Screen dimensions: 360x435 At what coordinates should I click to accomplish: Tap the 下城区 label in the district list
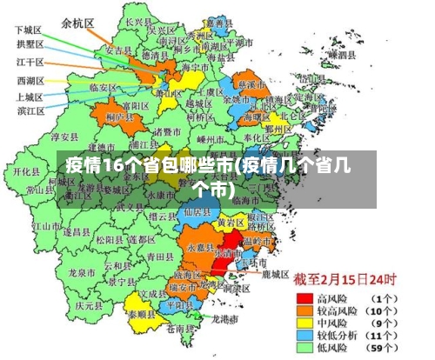click(29, 29)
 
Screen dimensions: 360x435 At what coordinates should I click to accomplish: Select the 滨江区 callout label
click(31, 110)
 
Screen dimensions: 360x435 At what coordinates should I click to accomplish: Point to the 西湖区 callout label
click(31, 80)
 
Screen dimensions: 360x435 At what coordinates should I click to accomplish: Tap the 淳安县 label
click(64, 137)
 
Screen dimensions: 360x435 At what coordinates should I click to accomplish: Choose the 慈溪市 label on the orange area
click(251, 85)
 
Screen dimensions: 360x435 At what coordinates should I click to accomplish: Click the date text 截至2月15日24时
click(345, 280)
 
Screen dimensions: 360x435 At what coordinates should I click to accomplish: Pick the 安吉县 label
click(118, 50)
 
